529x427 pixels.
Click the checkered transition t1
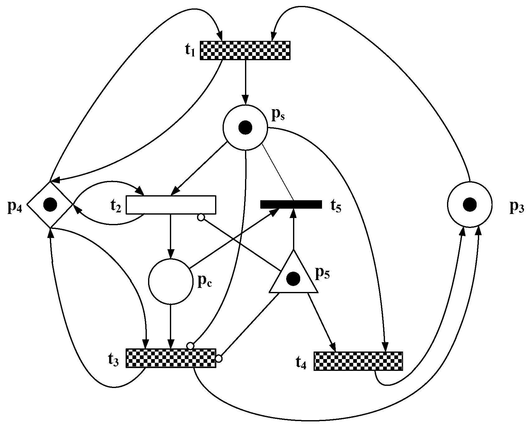pos(245,50)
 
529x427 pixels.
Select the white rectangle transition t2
pos(171,205)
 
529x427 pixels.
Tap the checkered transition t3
pos(171,358)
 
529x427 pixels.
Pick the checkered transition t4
pos(358,361)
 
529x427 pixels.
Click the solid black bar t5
pos(291,204)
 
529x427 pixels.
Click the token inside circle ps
pos(245,128)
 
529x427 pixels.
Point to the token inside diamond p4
pos(50,204)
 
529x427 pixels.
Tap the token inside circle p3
pos(469,205)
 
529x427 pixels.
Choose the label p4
pos(14,207)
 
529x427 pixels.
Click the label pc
pos(205,281)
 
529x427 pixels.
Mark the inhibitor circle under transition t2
pos(201,217)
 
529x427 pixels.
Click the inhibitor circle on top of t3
pos(190,346)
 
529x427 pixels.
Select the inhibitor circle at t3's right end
pos(219,359)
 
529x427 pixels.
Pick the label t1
pos(189,51)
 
